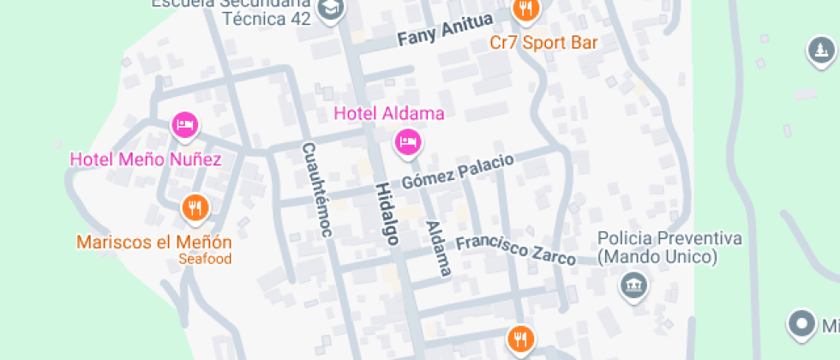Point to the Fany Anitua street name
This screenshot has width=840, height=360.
446,30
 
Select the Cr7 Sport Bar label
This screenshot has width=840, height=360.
543,42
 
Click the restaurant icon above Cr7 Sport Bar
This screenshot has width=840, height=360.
525,9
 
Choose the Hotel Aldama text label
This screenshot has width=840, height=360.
389,113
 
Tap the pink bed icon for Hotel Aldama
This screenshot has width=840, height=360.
408,141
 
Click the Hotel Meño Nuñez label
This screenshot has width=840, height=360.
146,159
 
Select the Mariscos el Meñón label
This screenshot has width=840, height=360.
154,242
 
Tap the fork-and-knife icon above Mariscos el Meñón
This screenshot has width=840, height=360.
195,207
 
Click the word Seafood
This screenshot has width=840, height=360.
205,259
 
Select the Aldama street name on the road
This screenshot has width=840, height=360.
438,249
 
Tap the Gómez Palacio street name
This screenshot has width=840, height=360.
458,170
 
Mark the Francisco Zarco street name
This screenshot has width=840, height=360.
515,249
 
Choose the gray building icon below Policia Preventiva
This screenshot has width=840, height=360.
633,285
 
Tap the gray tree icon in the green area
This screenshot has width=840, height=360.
821,51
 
